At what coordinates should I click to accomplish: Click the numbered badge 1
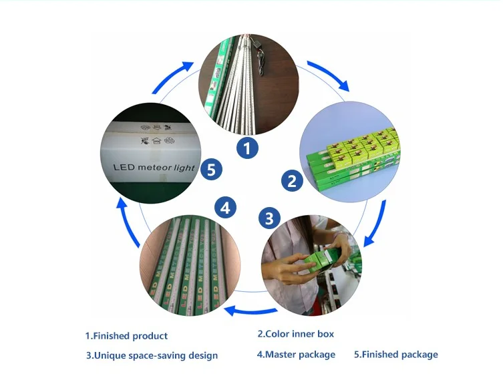(247, 148)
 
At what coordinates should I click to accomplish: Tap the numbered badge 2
(292, 180)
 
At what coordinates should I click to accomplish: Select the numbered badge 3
(269, 218)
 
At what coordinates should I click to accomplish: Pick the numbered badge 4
(226, 208)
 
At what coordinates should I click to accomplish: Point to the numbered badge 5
(211, 170)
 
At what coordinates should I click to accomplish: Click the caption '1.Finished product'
(126, 336)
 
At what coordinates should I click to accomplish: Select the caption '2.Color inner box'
(295, 334)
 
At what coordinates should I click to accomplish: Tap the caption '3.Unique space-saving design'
(152, 355)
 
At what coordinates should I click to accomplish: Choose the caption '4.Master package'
(296, 355)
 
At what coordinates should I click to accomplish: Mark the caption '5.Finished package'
(395, 355)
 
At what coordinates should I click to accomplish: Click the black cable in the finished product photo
(263, 53)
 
